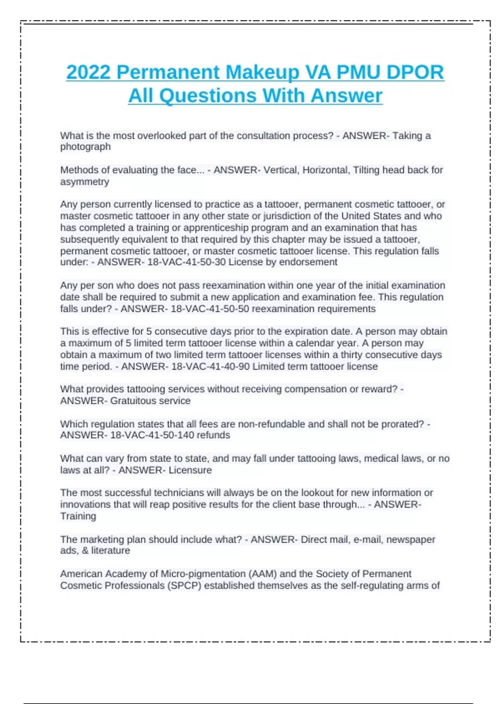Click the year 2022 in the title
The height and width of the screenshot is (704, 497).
pos(88,72)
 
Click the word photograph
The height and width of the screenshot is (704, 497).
pos(85,147)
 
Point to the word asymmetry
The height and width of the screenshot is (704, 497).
pos(84,182)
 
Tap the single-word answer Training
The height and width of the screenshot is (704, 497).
pos(78,516)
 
